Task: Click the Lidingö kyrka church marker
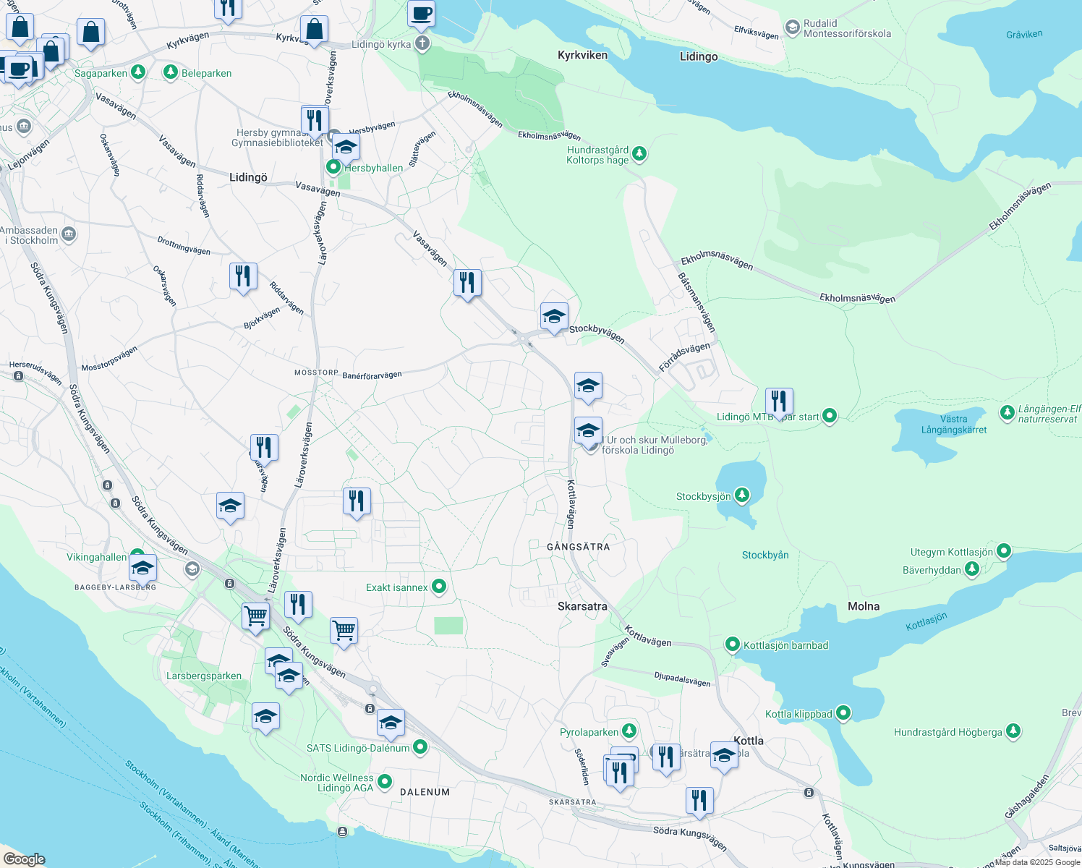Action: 422,44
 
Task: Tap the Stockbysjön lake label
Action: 703,497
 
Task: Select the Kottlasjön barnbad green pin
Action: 733,644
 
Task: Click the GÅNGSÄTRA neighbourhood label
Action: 578,547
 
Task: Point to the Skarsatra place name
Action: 582,607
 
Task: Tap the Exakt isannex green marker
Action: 439,587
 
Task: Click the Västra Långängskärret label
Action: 954,425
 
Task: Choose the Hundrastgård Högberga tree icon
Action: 1013,731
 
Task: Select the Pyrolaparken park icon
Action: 629,731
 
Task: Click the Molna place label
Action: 864,607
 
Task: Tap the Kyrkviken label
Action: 582,55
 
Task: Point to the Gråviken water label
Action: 1024,34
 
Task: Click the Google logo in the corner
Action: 25,859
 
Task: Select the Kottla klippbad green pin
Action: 843,713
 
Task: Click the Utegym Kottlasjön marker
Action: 1003,551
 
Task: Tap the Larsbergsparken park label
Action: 204,676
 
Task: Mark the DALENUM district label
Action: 425,792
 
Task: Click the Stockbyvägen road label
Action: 597,333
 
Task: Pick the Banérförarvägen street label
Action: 372,375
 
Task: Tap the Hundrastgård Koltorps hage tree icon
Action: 639,153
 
